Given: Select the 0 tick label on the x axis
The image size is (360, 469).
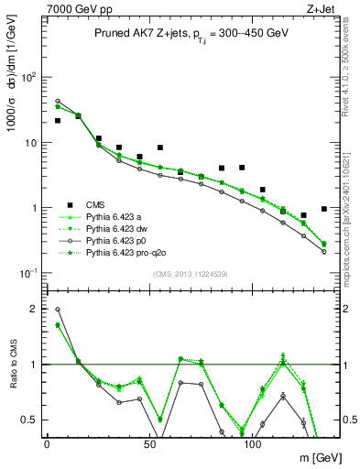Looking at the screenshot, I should coord(48,443).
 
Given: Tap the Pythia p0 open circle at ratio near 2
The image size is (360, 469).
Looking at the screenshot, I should coord(58,310).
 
